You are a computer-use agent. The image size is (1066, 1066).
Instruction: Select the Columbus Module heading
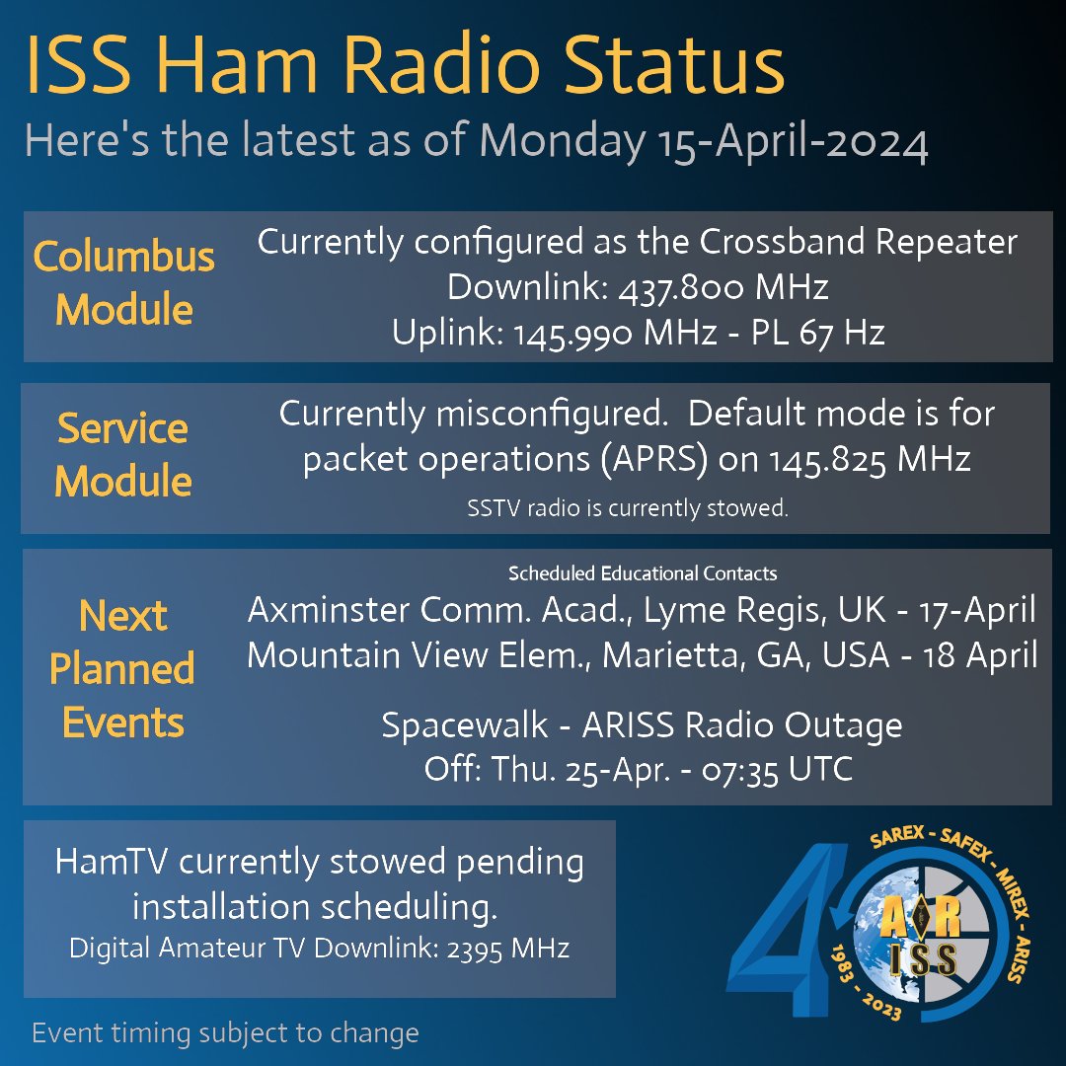123,283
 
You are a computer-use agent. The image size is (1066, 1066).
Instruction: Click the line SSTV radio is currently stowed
627,509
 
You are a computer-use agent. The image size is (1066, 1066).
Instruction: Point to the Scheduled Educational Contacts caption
643,573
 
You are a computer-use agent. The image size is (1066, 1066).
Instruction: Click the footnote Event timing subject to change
225,1033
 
